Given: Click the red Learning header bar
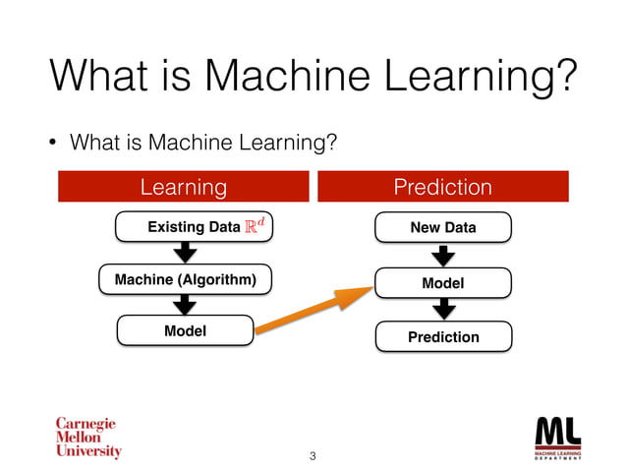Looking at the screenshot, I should tap(184, 187).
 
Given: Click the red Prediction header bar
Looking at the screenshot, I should tap(442, 187).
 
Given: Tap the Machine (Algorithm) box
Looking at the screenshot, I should tap(186, 280).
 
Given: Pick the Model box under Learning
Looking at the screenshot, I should tap(185, 331).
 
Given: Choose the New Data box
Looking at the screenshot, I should tap(442, 227).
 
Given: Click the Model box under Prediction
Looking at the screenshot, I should tap(442, 283).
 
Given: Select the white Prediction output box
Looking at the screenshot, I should tap(442, 337).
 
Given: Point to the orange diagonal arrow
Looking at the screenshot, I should tap(313, 307).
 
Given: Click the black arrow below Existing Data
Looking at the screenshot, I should tap(185, 254).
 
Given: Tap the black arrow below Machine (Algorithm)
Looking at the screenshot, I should tap(185, 306).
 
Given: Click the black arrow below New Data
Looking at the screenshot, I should tap(443, 255).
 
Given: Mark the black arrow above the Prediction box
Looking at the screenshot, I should tap(443, 310).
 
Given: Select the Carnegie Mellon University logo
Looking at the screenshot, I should tap(86, 438).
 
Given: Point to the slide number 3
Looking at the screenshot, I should tap(313, 456).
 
